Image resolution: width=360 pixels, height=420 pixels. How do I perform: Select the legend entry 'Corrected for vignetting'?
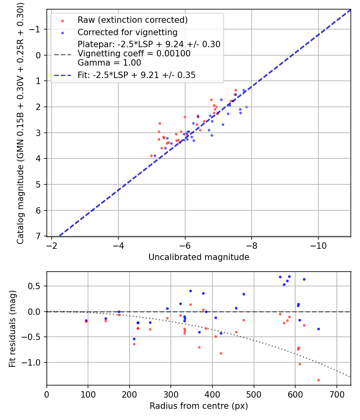pyautogui.click(x=127, y=32)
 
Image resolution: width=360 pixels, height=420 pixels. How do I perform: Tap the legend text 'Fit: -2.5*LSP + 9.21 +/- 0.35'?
pyautogui.click(x=136, y=75)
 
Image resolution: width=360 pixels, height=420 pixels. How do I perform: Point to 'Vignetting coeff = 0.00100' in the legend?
pyautogui.click(x=134, y=54)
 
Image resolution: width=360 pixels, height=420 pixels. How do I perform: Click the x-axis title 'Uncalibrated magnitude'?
pyautogui.click(x=199, y=257)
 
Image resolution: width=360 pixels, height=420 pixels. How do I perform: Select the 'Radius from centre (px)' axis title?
pyautogui.click(x=199, y=406)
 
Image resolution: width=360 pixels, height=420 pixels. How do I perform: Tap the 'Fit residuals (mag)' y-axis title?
pyautogui.click(x=12, y=328)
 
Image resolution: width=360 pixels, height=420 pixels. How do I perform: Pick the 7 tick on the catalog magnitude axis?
pyautogui.click(x=39, y=236)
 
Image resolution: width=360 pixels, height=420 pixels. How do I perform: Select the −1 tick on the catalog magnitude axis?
pyautogui.click(x=36, y=29)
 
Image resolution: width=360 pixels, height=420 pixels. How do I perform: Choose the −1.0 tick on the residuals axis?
pyautogui.click(x=34, y=362)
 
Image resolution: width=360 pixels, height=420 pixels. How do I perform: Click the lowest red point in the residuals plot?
pyautogui.click(x=318, y=380)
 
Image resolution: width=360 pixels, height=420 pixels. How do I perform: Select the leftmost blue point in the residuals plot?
pyautogui.click(x=86, y=320)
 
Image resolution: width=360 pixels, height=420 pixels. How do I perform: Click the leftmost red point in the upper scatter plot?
pyautogui.click(x=151, y=156)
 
